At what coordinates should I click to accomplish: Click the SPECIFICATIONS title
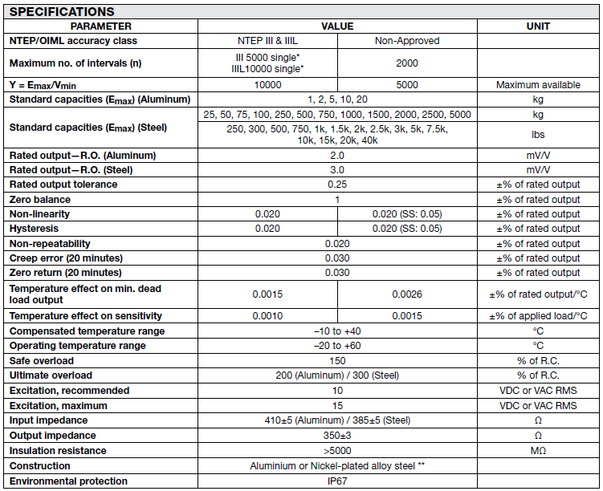[63, 11]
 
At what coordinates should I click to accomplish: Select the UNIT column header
[538, 26]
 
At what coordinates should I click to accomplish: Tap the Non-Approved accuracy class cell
[407, 41]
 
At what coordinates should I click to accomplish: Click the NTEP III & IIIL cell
[267, 41]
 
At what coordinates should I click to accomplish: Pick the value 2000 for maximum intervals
[407, 63]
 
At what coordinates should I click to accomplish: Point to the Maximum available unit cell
[538, 85]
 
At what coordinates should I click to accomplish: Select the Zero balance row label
[40, 200]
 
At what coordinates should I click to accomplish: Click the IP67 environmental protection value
[337, 481]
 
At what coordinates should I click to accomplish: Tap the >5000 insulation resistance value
[337, 451]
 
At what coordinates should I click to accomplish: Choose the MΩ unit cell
[538, 451]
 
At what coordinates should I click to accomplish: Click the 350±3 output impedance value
[337, 436]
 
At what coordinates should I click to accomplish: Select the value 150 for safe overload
[337, 361]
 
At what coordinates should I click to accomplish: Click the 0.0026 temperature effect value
[407, 294]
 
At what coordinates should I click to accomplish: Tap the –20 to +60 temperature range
[337, 346]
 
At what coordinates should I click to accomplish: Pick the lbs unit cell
[538, 135]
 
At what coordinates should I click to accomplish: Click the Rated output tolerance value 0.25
[337, 185]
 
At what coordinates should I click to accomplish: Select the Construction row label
[40, 466]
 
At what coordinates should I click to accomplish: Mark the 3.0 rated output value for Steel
[337, 170]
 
